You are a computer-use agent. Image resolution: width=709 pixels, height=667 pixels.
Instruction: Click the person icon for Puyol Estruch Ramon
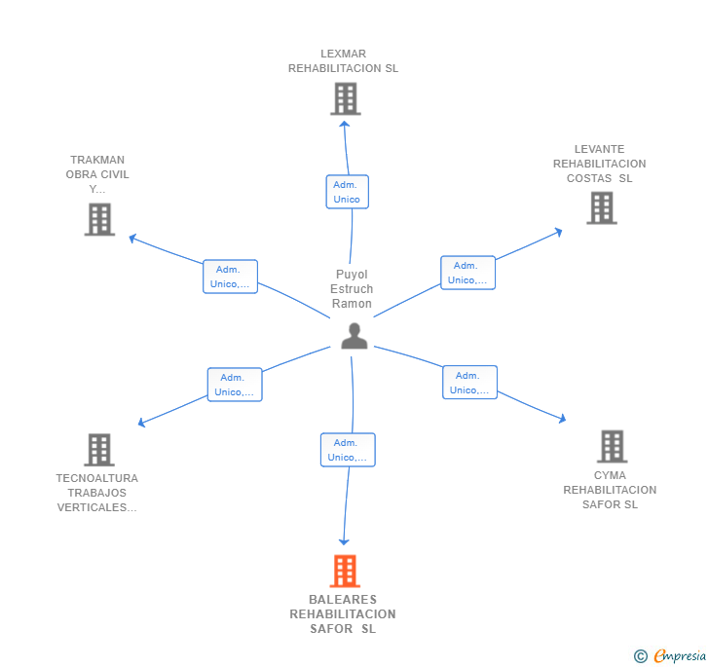[354, 336]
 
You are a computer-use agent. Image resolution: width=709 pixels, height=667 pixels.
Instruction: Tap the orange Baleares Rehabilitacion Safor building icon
[345, 572]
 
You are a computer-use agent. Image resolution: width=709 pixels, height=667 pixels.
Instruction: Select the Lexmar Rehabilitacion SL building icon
[345, 98]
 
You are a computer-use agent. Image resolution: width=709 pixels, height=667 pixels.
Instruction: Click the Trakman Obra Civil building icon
[99, 219]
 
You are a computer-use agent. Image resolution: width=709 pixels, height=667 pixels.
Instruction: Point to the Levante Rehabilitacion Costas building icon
[602, 207]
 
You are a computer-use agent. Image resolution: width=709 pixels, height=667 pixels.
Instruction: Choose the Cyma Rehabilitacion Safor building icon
[612, 446]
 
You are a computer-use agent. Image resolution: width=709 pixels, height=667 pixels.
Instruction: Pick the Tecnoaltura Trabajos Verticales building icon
[99, 450]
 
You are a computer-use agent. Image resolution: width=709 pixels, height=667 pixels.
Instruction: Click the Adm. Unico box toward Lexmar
[347, 192]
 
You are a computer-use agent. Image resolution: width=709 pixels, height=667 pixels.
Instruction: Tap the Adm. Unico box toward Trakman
[230, 277]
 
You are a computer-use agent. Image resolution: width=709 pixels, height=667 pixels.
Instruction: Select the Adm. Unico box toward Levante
[467, 273]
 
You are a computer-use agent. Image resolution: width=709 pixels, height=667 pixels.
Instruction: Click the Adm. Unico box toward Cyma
[469, 383]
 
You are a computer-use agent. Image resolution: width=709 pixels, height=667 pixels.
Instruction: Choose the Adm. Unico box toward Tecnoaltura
[235, 385]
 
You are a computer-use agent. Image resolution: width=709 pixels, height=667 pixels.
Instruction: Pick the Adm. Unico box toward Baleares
[348, 450]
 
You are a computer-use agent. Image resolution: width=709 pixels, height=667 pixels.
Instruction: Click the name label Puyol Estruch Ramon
[352, 289]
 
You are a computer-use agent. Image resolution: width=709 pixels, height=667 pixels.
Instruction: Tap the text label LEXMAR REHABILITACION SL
[343, 61]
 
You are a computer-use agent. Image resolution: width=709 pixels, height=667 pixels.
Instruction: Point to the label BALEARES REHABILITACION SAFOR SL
[343, 613]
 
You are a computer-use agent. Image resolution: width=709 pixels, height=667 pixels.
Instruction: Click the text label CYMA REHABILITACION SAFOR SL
[610, 490]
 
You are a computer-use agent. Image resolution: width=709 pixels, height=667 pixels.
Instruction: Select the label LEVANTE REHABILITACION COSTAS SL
[599, 164]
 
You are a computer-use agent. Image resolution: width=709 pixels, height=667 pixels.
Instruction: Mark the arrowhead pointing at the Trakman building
[132, 238]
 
